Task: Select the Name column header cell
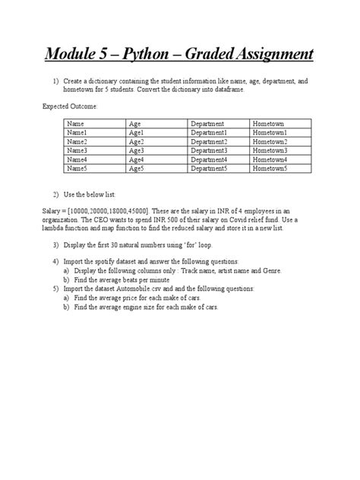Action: [77, 122]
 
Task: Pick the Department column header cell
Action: [207, 122]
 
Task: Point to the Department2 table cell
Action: [209, 141]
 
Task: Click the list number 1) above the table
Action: [57, 80]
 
